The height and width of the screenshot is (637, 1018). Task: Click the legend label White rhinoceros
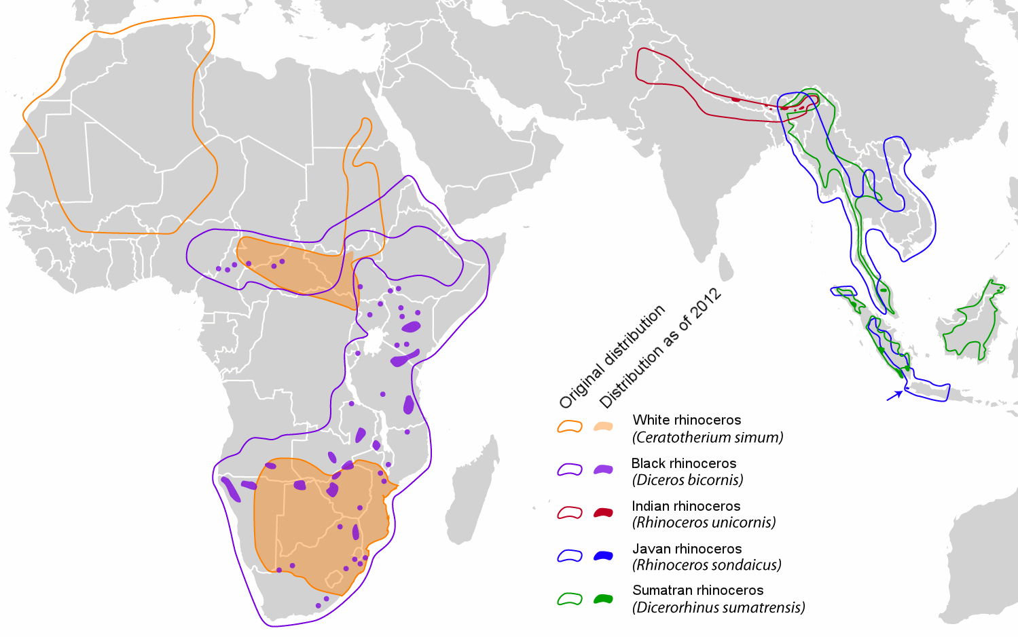click(687, 420)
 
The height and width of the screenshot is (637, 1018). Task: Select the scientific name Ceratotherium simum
click(708, 438)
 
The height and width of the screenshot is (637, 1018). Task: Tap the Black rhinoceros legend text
click(683, 463)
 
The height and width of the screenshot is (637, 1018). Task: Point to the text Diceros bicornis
click(687, 480)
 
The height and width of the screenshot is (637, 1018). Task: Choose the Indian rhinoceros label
click(686, 506)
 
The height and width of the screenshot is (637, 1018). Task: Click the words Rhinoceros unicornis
click(704, 522)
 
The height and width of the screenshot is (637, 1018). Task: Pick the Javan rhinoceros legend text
click(687, 549)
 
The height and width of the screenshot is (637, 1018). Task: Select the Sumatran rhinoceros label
click(697, 590)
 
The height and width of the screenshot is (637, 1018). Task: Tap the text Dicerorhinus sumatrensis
click(719, 607)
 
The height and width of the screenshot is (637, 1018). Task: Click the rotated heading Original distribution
click(612, 357)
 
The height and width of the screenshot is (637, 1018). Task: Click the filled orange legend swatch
click(603, 427)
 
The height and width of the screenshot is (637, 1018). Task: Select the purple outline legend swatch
click(570, 469)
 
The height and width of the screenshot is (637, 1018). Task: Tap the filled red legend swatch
click(603, 512)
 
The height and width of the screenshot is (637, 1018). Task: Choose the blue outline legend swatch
click(570, 556)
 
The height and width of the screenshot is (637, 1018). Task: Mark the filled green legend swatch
click(603, 598)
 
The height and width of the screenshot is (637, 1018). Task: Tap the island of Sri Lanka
click(726, 267)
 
